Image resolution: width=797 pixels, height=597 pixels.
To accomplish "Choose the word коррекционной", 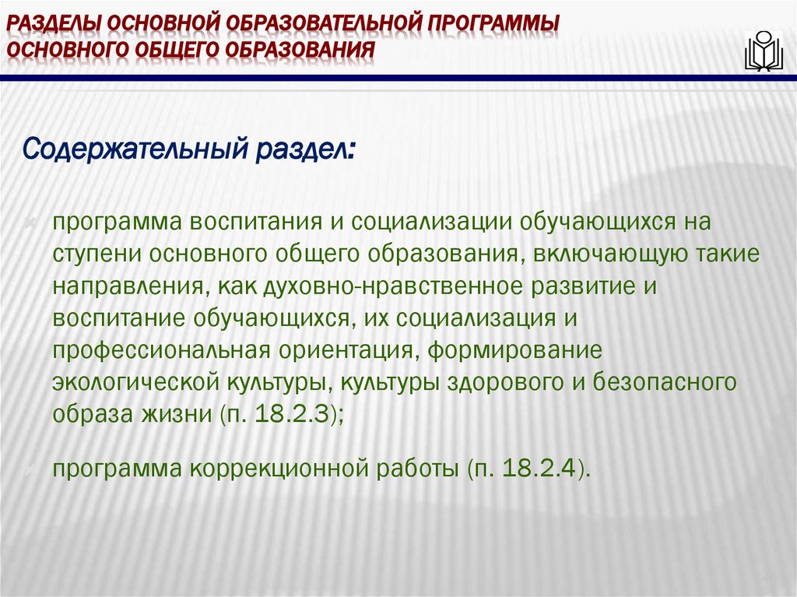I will point(278,469).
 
